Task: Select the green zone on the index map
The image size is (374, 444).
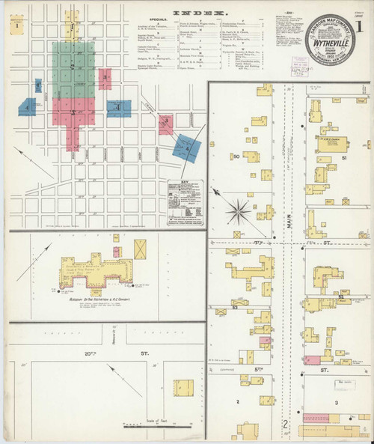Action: [x=74, y=71]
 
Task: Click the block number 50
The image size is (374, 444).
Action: [x=236, y=156]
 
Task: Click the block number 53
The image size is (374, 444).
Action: [x=235, y=307]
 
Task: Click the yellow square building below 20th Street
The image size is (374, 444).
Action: [x=183, y=388]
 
